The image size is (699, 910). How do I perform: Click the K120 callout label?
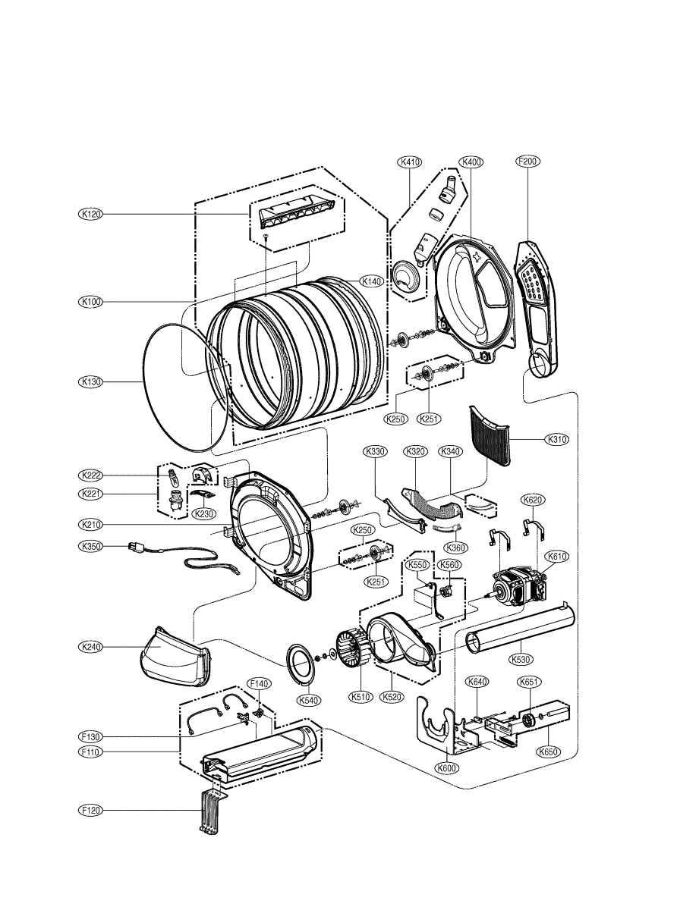coord(91,215)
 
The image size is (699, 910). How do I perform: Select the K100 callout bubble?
coord(91,301)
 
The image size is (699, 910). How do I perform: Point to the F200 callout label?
coord(527,162)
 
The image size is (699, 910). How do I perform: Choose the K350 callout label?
coord(91,545)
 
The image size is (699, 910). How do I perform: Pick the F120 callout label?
coord(91,810)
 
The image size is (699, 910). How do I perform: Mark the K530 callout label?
coord(520,660)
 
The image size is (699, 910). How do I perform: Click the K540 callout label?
coord(308,701)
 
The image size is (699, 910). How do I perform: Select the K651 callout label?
coord(529,682)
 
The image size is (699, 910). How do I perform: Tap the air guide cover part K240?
coord(175,657)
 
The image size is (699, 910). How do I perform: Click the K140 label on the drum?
coord(371,281)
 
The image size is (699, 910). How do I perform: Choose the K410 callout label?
coord(410,162)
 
